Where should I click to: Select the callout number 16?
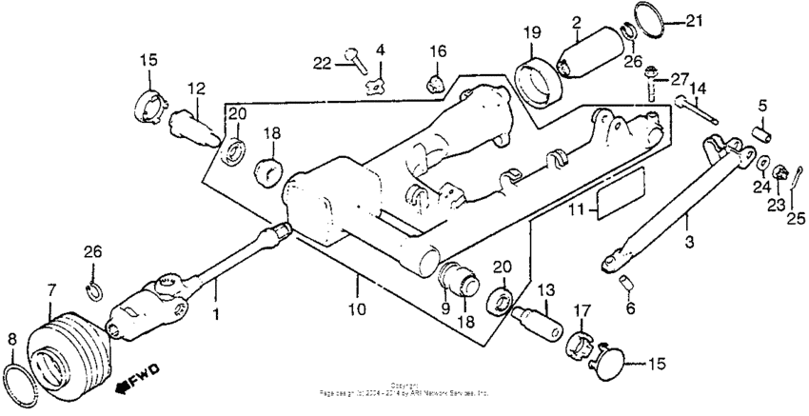tap(437, 50)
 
